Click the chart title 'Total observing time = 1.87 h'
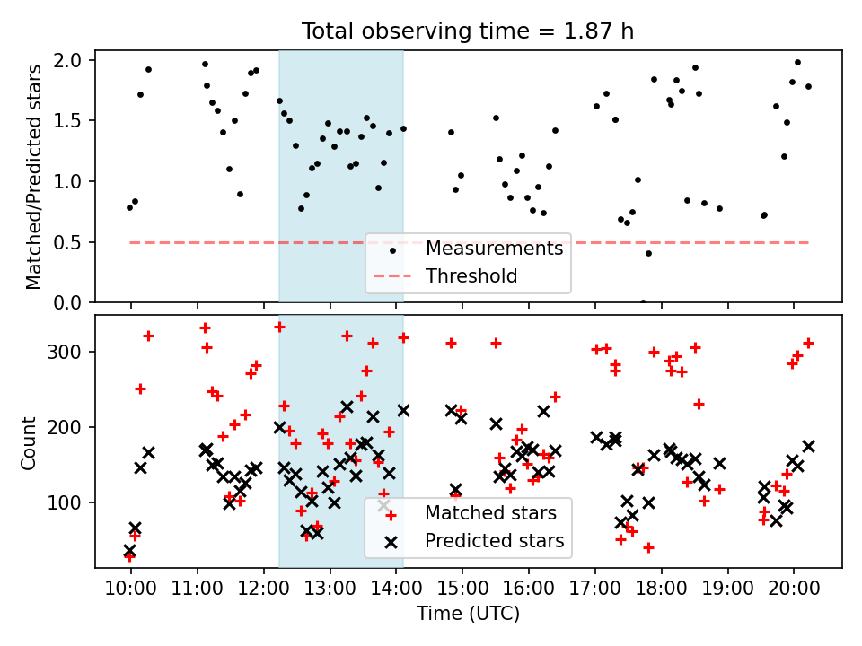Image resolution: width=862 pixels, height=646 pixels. pyautogui.click(x=467, y=31)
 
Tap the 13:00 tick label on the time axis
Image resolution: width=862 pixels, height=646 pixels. pyautogui.click(x=330, y=589)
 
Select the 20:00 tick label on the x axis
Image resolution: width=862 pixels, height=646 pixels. pyautogui.click(x=794, y=589)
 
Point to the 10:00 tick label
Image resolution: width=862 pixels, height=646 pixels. pyautogui.click(x=131, y=589)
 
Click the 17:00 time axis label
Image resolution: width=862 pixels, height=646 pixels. pyautogui.click(x=594, y=589)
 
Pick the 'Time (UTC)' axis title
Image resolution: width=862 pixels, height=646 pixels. pyautogui.click(x=468, y=614)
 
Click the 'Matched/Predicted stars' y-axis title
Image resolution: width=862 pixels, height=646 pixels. pyautogui.click(x=33, y=177)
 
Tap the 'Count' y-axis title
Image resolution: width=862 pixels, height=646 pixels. pyautogui.click(x=28, y=442)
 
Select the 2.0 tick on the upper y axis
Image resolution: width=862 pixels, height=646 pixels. pyautogui.click(x=67, y=60)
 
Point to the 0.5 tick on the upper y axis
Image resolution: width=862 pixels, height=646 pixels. pyautogui.click(x=67, y=242)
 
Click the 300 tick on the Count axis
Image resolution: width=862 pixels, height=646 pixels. pyautogui.click(x=64, y=352)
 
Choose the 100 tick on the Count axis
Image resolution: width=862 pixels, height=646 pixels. pyautogui.click(x=64, y=502)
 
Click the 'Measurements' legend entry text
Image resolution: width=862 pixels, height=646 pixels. pyautogui.click(x=494, y=249)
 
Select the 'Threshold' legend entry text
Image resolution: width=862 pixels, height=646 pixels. pyautogui.click(x=471, y=275)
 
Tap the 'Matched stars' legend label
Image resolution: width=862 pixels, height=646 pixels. pyautogui.click(x=490, y=513)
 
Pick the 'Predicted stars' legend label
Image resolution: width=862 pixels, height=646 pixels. pyautogui.click(x=494, y=540)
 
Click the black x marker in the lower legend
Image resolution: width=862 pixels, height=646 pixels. pyautogui.click(x=391, y=542)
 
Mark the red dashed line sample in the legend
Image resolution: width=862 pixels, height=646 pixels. pyautogui.click(x=392, y=275)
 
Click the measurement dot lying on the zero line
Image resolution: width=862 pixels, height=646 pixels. pyautogui.click(x=643, y=302)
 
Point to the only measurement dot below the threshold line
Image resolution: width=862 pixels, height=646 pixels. pyautogui.click(x=648, y=253)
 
